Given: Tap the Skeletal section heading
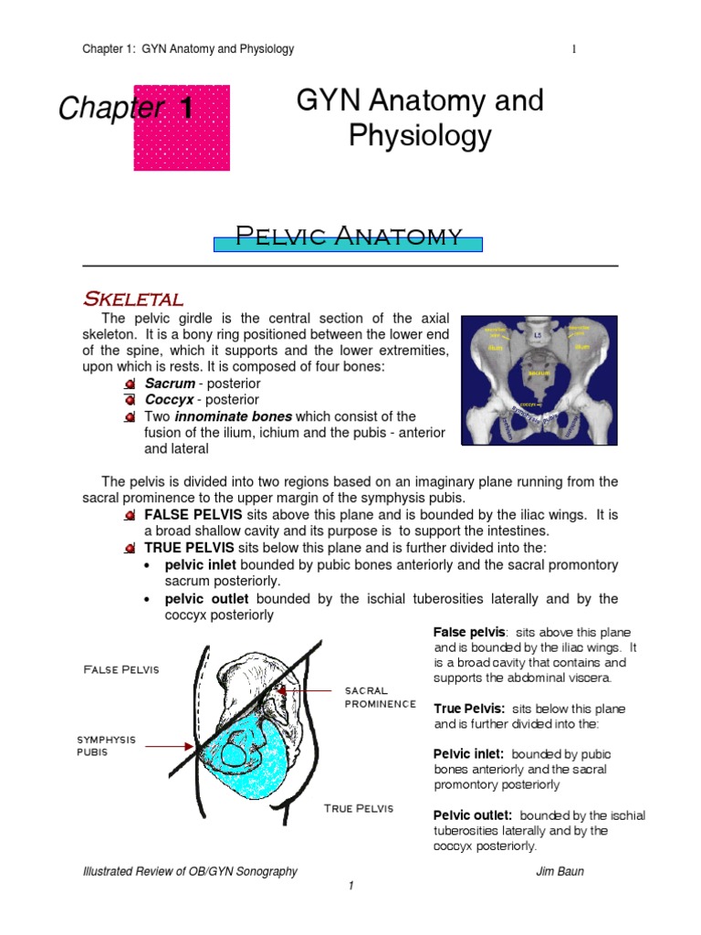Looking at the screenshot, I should click(133, 299).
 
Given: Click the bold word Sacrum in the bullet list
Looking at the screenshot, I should click(170, 383).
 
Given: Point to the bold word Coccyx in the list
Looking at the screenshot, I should click(171, 400).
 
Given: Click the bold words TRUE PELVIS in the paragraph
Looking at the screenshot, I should click(189, 548).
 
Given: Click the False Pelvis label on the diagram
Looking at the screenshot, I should click(120, 669).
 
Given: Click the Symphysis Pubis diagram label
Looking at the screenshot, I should click(105, 746).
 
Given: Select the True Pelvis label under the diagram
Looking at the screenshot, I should click(359, 808).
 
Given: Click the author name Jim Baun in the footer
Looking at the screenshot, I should click(560, 871).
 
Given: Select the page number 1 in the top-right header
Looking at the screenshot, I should click(574, 49).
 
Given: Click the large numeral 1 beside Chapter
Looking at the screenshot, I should click(186, 109).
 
